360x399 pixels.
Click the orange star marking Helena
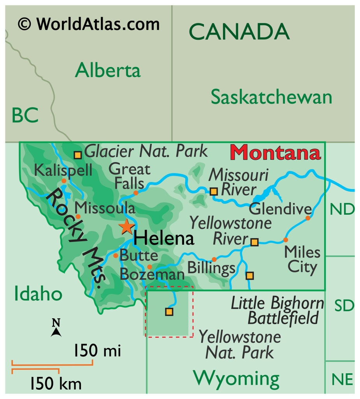click(x=126, y=227)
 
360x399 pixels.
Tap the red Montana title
click(x=276, y=153)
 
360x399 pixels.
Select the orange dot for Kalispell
click(x=64, y=181)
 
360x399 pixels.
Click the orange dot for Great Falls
click(x=135, y=193)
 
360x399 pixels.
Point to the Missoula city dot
click(x=78, y=216)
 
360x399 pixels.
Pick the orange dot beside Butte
click(x=116, y=256)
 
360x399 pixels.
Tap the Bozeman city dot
click(x=149, y=267)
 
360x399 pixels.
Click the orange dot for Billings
click(x=214, y=260)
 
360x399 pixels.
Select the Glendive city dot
click(x=308, y=218)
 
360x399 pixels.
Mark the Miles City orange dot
click(x=285, y=240)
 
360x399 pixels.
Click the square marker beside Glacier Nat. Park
click(x=78, y=155)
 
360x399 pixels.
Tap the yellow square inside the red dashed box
click(x=169, y=312)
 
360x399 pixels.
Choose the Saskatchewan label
click(x=271, y=97)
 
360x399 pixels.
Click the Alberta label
click(x=107, y=71)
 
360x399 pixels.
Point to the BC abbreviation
click(x=25, y=116)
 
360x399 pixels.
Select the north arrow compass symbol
click(x=56, y=328)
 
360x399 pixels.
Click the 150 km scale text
click(x=56, y=384)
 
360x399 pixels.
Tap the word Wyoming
click(x=236, y=378)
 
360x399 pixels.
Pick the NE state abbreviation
click(x=342, y=379)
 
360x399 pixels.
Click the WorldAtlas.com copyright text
click(x=89, y=25)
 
